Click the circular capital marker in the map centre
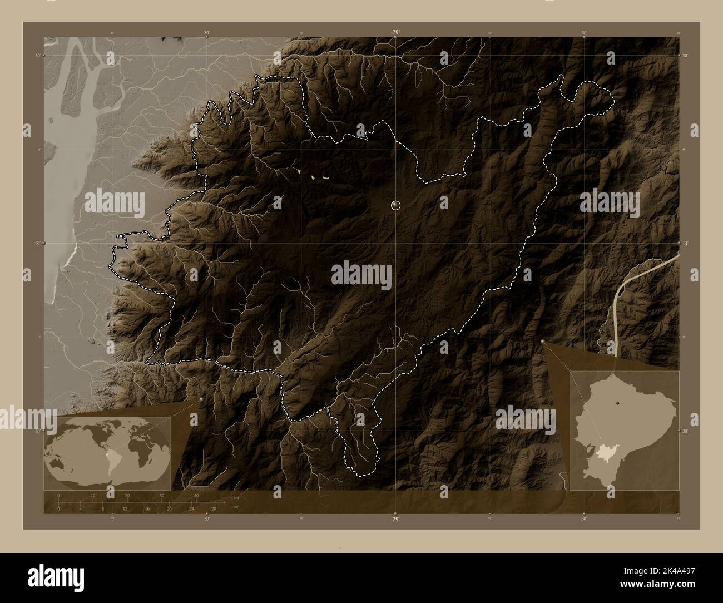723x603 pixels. click(x=395, y=205)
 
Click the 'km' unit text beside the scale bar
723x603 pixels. click(x=235, y=498)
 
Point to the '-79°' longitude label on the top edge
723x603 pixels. click(x=395, y=33)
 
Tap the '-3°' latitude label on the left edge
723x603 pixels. click(x=37, y=243)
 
